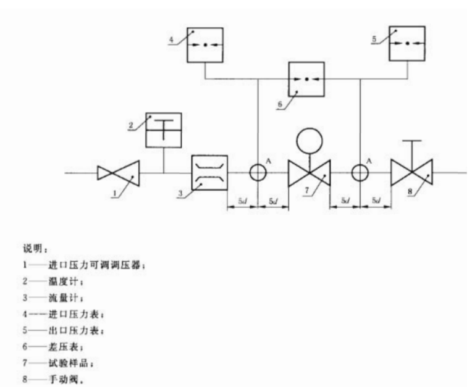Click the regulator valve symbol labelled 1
click(118, 173)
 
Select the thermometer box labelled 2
click(163, 130)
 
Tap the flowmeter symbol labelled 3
click(211, 173)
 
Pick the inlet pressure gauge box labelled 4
click(205, 44)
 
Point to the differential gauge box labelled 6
click(306, 80)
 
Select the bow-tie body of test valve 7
click(310, 173)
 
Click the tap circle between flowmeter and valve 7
click(257, 173)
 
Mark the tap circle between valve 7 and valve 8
click(360, 173)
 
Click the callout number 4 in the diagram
click(171, 41)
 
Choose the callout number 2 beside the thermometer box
click(131, 126)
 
